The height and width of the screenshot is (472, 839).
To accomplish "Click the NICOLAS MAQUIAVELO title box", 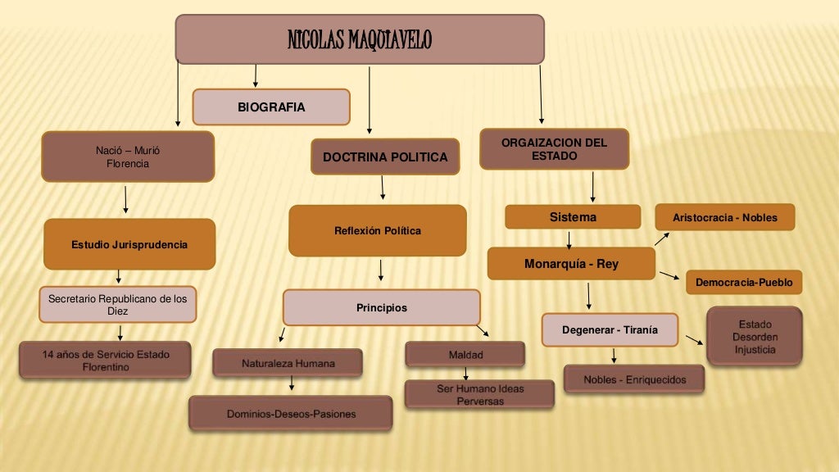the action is point(360,39).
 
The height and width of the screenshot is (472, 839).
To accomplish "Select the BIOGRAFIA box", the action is point(271,107).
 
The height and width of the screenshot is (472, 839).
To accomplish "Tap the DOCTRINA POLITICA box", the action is point(385,157).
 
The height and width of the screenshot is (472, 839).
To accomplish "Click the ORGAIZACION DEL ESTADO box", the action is point(554,149).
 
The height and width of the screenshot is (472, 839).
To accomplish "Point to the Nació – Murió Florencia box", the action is point(128,157).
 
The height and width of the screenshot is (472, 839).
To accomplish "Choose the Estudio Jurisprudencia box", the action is point(129,244).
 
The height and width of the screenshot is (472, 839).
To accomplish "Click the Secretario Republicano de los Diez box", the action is point(118,305).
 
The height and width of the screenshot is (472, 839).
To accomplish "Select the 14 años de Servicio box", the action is point(106,361).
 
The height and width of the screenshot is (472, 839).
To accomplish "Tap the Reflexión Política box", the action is point(377,231).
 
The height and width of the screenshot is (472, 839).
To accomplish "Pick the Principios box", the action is point(381,308).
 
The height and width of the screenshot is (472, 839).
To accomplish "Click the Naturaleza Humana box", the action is point(288,363).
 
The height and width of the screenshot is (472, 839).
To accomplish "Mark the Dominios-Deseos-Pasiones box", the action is point(291,414).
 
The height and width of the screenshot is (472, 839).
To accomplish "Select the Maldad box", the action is point(465,355).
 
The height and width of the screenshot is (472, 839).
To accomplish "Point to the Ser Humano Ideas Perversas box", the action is point(479,394).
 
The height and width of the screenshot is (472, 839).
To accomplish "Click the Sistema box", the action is point(573,217).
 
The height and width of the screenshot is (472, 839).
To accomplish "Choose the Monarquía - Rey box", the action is point(571,264).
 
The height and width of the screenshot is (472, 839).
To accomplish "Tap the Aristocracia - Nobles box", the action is point(724,217).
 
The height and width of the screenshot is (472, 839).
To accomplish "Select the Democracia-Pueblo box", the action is point(744,282).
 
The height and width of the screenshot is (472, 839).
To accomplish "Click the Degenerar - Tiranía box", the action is point(610,330).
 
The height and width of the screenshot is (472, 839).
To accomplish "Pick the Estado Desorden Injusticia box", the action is point(755,337).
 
